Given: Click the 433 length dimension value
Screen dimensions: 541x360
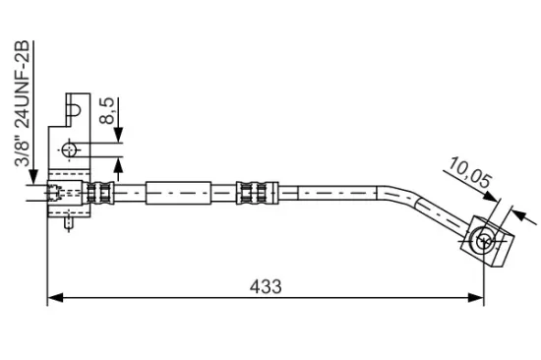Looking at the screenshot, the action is (x=266, y=286).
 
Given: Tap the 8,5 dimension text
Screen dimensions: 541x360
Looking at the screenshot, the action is (x=107, y=111).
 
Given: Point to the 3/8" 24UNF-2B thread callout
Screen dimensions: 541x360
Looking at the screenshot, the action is (x=23, y=103).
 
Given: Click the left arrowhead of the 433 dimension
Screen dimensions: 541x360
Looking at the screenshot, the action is (x=55, y=297).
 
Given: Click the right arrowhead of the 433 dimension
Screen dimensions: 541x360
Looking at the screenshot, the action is (x=476, y=297).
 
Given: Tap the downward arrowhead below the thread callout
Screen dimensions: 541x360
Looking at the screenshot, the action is (x=33, y=176).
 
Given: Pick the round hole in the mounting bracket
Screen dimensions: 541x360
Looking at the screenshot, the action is (x=69, y=150).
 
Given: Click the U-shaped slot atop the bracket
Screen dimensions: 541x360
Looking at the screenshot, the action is (x=74, y=110).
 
